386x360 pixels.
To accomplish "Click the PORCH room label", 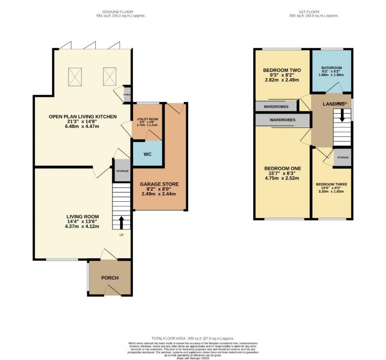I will tap(110, 278).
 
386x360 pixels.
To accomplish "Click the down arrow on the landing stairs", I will tap(342, 115).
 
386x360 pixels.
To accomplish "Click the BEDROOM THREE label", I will tap(331, 184).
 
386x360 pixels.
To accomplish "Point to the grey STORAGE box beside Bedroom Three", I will tap(342, 158).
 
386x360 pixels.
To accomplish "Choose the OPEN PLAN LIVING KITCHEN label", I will tap(83, 116).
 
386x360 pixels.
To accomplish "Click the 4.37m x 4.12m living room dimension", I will tap(83, 226).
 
